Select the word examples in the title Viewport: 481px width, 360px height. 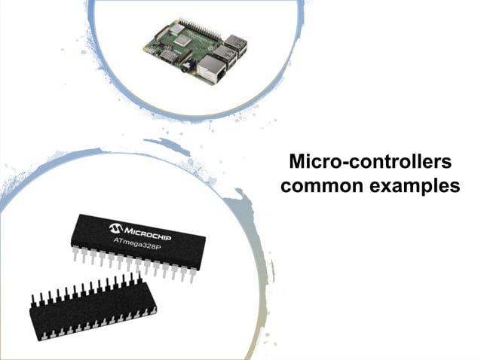click(414, 186)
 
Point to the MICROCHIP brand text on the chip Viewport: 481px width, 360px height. click(150, 231)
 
